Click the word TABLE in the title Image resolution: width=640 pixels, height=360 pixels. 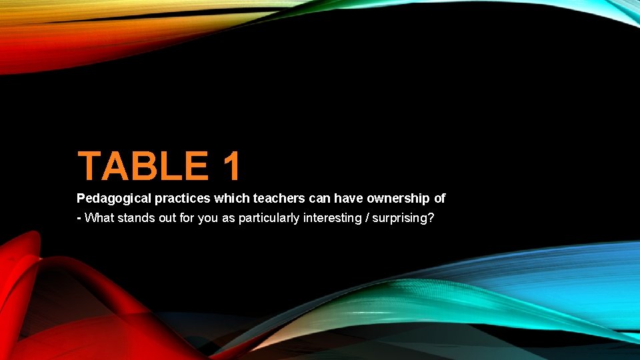[x=143, y=167]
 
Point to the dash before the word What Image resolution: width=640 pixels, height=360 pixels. [x=79, y=217]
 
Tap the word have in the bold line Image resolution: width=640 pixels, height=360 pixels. [x=345, y=198]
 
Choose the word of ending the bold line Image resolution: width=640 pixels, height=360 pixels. [x=439, y=198]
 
